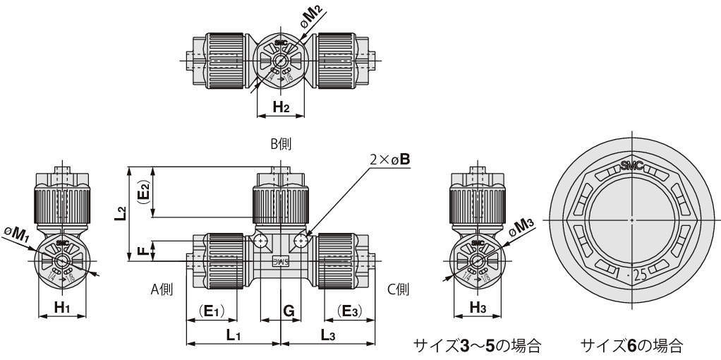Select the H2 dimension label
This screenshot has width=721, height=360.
[281, 107]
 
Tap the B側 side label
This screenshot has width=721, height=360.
[280, 143]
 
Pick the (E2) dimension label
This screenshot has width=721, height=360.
[143, 193]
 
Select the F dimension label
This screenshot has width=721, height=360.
[143, 251]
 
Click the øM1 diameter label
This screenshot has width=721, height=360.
[16, 233]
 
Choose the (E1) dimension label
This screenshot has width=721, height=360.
[214, 310]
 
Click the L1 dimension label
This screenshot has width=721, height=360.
[234, 335]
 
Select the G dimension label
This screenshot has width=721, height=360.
[289, 310]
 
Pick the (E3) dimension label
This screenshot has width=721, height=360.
[349, 310]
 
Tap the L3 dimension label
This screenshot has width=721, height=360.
[328, 335]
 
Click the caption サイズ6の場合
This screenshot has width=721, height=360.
[631, 346]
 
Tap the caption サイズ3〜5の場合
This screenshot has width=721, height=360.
[477, 346]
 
